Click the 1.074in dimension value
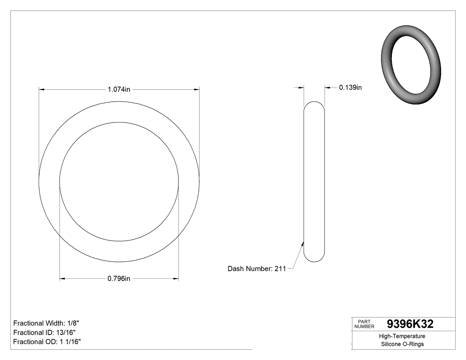(x=119, y=89)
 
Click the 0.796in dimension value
(x=119, y=279)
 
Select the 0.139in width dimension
(x=350, y=87)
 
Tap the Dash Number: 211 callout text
(x=257, y=269)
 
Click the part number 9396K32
(x=410, y=324)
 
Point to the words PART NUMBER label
(x=364, y=324)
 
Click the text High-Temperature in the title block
(x=402, y=336)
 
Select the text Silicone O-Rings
(x=402, y=344)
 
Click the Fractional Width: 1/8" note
(x=46, y=323)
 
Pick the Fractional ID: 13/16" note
(x=44, y=332)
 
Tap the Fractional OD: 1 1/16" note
(x=47, y=341)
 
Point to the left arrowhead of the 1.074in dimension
(x=42, y=90)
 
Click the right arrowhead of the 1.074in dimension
(x=197, y=90)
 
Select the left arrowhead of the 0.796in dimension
(x=62, y=279)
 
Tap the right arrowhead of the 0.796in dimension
(x=176, y=279)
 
